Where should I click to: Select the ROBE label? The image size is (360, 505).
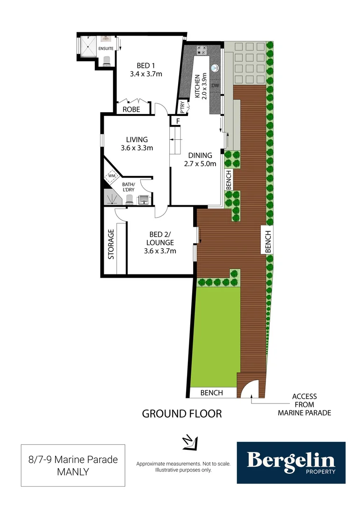point(131,109)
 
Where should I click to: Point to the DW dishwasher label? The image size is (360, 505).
point(215,86)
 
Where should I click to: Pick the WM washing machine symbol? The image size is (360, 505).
point(112,176)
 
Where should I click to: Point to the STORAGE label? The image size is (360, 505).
point(111,244)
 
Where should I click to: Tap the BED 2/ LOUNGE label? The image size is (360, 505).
point(160,243)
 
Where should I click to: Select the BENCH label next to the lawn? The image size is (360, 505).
point(211,393)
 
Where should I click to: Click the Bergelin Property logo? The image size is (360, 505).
point(291,462)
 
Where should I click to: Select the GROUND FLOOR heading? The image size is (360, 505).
point(181,414)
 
